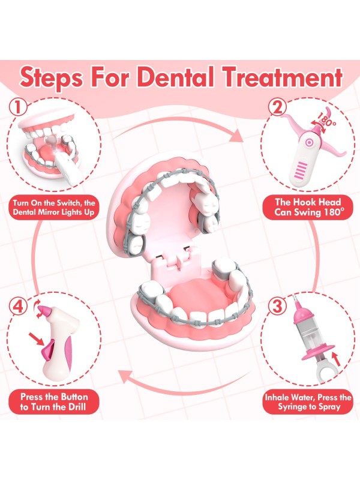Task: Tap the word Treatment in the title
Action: pyautogui.click(x=281, y=77)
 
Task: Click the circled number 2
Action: pyautogui.click(x=277, y=107)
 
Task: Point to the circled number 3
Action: pyautogui.click(x=277, y=306)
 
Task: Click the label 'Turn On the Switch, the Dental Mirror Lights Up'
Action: pyautogui.click(x=54, y=208)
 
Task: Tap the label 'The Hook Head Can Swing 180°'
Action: pyautogui.click(x=308, y=207)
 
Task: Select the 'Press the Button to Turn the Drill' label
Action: pyautogui.click(x=54, y=401)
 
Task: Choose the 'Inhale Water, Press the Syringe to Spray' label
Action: pyautogui.click(x=308, y=402)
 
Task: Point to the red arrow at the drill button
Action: pyautogui.click(x=37, y=340)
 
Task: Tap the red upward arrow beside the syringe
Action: pyautogui.click(x=336, y=360)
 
